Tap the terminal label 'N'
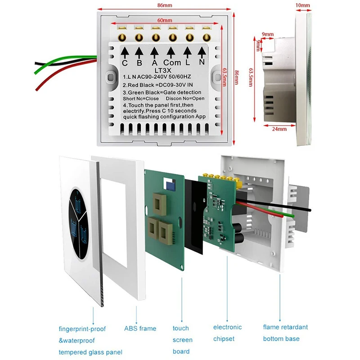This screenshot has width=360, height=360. (202, 63)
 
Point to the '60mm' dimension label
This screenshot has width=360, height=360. (164, 21)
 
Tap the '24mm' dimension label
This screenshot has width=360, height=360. (279, 129)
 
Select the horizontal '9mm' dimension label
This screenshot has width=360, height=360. (268, 34)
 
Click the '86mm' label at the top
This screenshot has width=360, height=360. (164, 6)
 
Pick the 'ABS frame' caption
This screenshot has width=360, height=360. (140, 328)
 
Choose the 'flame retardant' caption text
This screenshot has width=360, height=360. (286, 327)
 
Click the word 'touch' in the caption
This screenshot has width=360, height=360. (181, 328)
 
